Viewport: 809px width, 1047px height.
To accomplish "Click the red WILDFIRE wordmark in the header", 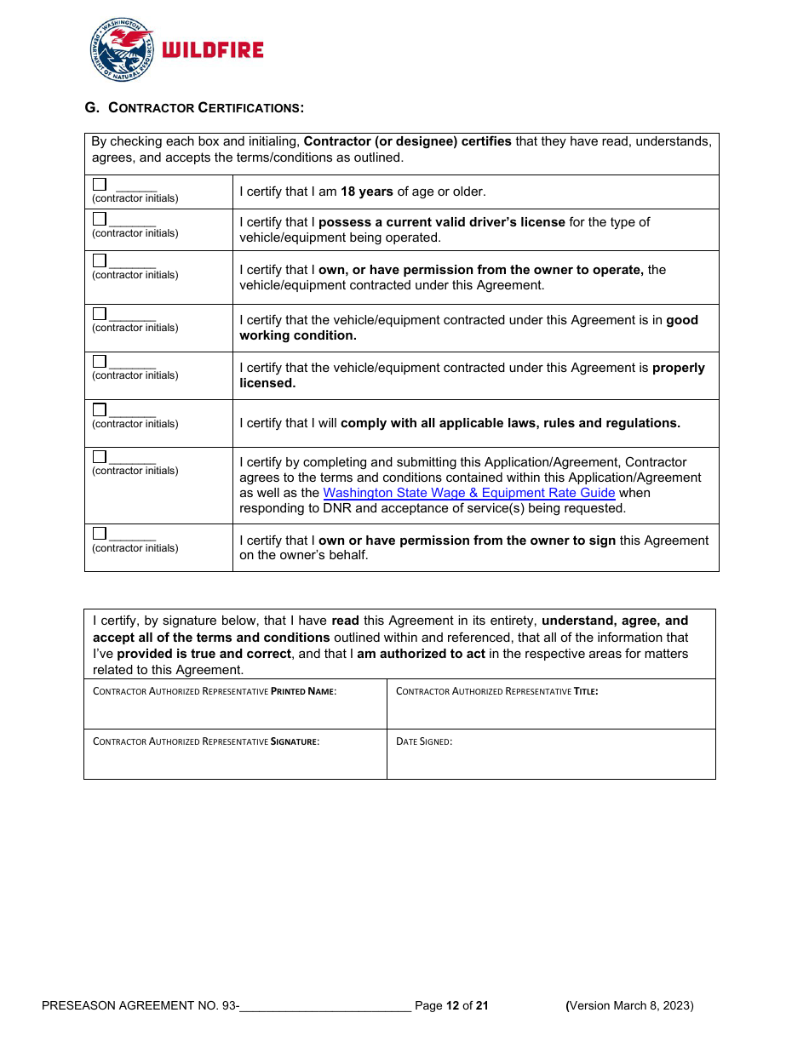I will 212,50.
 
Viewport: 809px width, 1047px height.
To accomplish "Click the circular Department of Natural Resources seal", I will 122,50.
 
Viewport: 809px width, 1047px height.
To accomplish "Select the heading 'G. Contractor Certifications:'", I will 194,107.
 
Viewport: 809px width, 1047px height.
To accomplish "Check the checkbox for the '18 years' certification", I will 100,184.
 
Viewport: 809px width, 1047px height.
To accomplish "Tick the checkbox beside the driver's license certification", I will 100,219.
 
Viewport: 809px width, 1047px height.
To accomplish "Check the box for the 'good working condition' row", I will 100,313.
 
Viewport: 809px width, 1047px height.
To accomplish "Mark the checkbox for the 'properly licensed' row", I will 100,361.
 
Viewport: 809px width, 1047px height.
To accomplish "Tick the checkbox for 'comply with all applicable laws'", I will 100,409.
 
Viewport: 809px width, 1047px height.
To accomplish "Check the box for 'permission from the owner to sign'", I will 100,534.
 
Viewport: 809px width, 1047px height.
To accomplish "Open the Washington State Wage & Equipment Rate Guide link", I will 468,493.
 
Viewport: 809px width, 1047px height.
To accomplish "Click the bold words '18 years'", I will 367,192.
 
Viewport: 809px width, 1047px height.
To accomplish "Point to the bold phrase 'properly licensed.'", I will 267,383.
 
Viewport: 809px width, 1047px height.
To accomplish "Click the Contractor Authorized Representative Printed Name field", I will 235,711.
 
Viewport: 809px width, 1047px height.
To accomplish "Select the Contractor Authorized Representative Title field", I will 551,711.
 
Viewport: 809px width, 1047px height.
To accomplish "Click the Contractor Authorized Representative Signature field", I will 235,760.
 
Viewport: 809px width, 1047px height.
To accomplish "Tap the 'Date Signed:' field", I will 551,760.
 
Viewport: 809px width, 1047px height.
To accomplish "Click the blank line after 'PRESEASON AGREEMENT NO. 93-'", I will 325,1006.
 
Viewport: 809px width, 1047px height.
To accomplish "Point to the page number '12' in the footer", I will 453,1006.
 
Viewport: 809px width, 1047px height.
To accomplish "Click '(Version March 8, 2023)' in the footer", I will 630,1006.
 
